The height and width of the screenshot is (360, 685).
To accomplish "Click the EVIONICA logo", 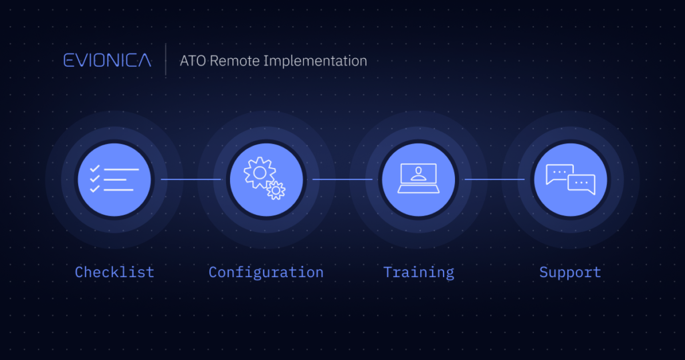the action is pos(108,60).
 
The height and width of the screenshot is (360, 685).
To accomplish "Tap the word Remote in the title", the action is pos(235,61).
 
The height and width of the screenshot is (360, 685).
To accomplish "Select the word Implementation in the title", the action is pos(315,61).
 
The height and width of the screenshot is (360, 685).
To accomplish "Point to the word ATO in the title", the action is pos(193,61).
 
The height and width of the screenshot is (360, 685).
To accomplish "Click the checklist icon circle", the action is pos(114,179).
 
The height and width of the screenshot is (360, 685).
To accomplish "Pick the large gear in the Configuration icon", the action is pos(260,173).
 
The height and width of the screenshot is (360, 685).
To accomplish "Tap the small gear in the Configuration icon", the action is pos(276,191).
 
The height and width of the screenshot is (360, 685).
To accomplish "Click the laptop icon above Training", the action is pos(419,178).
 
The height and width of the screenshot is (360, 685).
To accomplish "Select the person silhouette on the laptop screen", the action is pos(419,173).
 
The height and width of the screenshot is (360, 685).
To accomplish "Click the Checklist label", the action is pos(114,272).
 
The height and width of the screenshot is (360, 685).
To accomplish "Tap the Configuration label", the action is pos(266,272).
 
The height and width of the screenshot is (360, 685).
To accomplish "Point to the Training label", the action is pos(419,272).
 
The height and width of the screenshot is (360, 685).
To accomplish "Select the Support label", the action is pos(570,272).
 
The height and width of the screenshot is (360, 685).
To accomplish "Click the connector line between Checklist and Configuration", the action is pos(191,179).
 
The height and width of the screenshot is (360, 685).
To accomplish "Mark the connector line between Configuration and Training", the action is pos(342,179).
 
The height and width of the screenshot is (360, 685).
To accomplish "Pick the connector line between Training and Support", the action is pos(494,179).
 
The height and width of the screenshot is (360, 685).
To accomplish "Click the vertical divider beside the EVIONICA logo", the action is pos(166,60).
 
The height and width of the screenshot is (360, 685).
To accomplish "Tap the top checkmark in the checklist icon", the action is pos(95,169).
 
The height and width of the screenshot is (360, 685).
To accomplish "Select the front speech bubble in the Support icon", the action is pos(581,184).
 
